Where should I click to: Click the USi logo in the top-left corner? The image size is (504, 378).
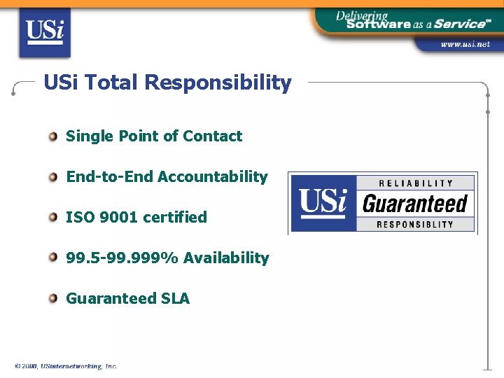[x=44, y=33]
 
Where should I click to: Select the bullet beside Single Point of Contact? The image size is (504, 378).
[x=53, y=136]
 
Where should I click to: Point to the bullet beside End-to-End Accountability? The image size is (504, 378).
[x=53, y=176]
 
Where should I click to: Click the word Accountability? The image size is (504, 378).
[x=213, y=176]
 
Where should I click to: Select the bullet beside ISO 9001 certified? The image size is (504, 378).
[x=53, y=217]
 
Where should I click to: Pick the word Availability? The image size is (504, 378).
[x=226, y=258]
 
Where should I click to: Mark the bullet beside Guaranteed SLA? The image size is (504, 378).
[x=53, y=298]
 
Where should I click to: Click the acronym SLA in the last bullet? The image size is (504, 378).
[x=175, y=298]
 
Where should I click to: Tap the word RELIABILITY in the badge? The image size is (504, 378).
[x=416, y=183]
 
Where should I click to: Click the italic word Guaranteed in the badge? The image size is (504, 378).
[x=415, y=204]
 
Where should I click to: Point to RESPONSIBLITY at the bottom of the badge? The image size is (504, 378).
[x=415, y=225]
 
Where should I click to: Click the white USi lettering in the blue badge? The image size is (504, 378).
[x=323, y=202]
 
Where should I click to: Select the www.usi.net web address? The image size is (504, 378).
[x=465, y=44]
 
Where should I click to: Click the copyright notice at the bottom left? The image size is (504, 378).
[x=66, y=366]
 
